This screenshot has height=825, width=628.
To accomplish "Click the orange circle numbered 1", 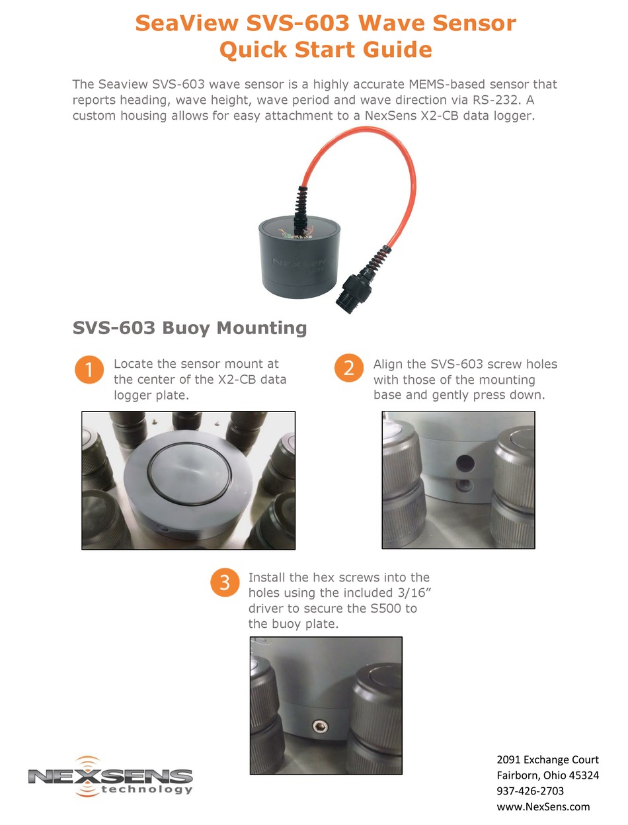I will click(89, 370).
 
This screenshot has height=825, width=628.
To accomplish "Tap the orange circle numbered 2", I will click(348, 369).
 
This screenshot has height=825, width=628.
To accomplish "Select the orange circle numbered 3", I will click(225, 583).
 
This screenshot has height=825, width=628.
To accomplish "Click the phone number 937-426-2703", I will click(530, 791).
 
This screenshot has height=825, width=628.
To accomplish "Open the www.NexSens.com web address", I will click(543, 806).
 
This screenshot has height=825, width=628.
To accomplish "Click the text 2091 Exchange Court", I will click(547, 760).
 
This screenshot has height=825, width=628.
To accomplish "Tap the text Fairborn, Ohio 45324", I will click(547, 775).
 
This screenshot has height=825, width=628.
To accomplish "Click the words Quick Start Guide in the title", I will click(325, 50).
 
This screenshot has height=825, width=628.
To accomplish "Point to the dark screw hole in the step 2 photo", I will click(462, 460).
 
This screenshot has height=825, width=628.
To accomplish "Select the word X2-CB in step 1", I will click(233, 380).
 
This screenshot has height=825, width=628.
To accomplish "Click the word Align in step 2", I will click(387, 364).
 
